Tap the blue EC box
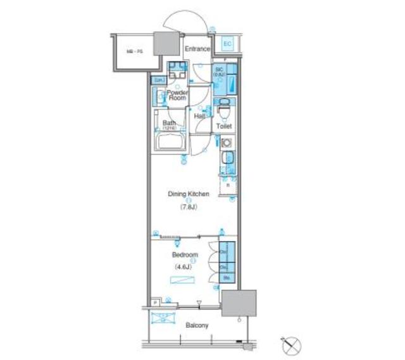coord(228,44)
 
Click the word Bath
coord(168,123)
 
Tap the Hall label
coord(199,116)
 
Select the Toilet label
coord(224,127)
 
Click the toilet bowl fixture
coord(223,112)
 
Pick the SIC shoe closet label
coord(220,71)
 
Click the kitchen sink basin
coord(227,158)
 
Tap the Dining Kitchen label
coord(188,194)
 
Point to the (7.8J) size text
coord(189,207)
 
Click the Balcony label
coord(197,326)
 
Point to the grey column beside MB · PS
coord(169,44)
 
